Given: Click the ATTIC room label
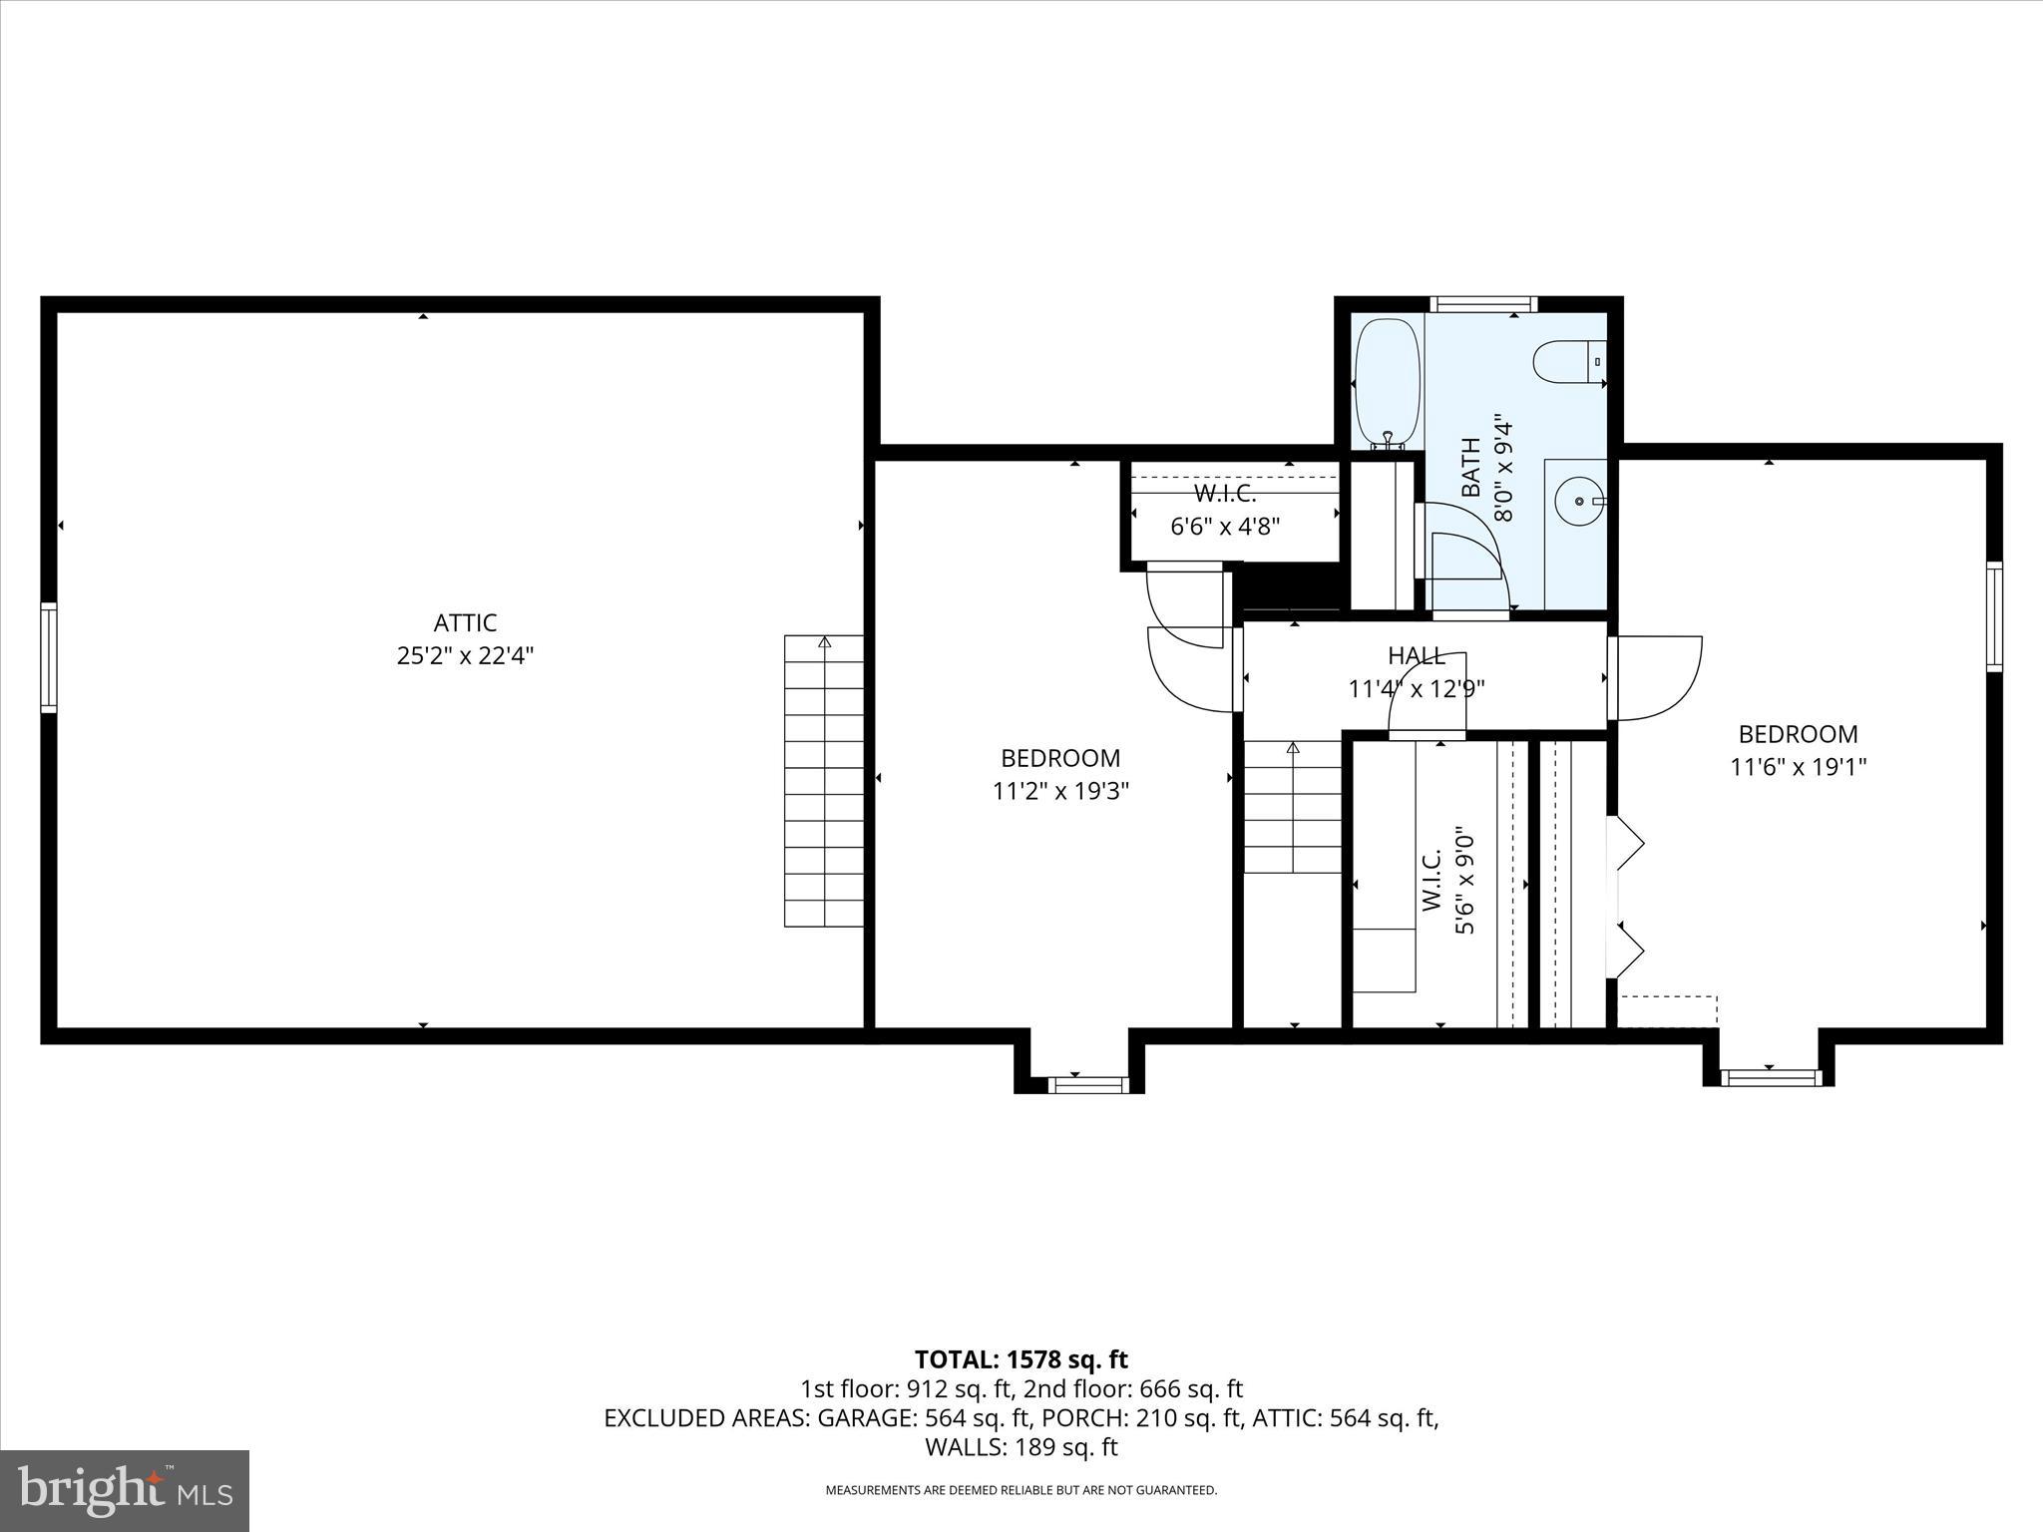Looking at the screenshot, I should [x=465, y=623].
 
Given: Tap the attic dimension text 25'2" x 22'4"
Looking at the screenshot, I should [x=465, y=656].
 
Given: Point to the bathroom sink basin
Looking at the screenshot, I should [x=1578, y=502].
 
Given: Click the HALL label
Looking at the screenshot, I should [x=1417, y=655].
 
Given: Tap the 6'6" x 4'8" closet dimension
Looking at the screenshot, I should [x=1225, y=526].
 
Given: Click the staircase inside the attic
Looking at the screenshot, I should [x=824, y=781].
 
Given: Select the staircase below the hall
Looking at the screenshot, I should [x=1293, y=807].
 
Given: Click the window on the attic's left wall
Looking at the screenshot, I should [x=49, y=657].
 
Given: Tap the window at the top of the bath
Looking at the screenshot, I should [x=1483, y=304].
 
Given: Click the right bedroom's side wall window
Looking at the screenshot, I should [x=1993, y=615].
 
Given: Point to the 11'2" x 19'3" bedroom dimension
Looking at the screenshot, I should [x=1060, y=791].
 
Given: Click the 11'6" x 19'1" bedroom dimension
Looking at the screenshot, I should [x=1798, y=767].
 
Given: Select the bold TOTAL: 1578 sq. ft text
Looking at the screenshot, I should [x=1021, y=1359].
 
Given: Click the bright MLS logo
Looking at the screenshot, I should [x=125, y=1490].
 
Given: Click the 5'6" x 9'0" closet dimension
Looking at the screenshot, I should [x=1463, y=880].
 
